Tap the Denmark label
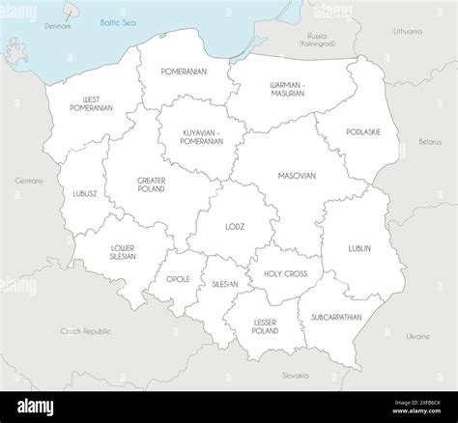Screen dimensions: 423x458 [58, 26]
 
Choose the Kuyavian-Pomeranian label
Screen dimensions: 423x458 [203, 137]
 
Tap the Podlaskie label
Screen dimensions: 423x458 [361, 131]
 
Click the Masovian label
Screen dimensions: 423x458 [296, 177]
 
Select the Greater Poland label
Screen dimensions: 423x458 [152, 184]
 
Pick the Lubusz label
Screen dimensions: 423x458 [85, 193]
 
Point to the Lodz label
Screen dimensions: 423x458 [235, 227]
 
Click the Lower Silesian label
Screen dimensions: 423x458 [123, 252]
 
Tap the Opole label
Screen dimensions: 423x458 [178, 279]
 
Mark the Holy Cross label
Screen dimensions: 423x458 [285, 273]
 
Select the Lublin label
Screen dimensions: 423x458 [359, 248]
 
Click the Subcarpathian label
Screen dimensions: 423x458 [337, 317]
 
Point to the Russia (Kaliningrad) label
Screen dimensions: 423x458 [316, 40]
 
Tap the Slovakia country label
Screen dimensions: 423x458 [295, 375]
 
